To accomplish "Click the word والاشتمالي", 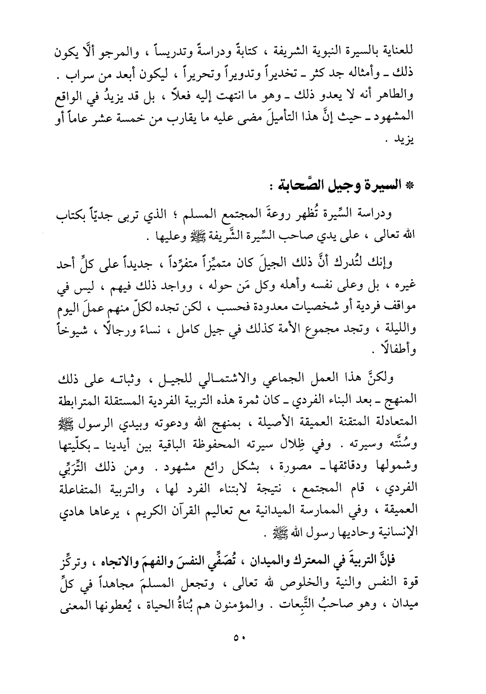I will (x=213, y=378).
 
